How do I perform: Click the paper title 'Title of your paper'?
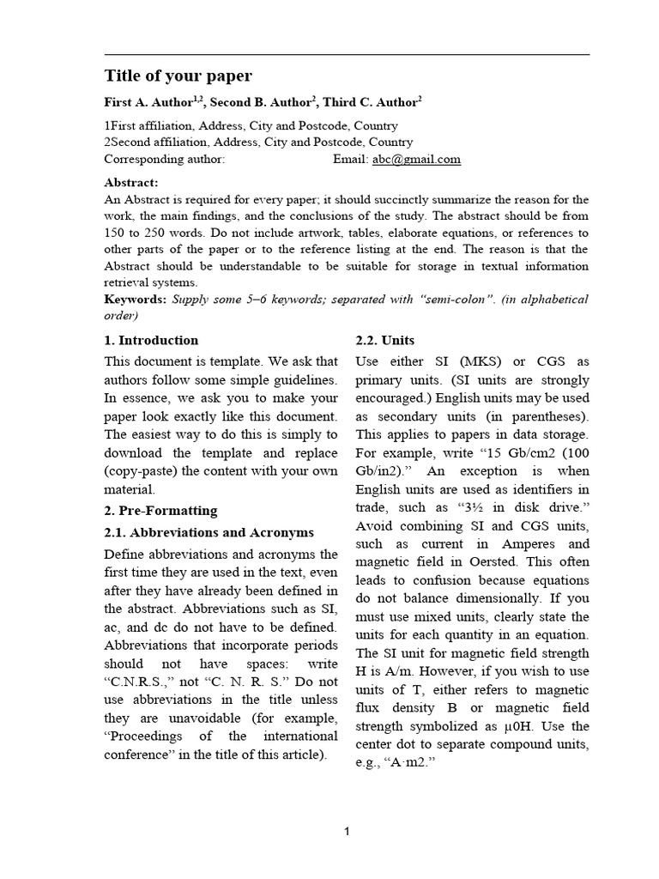[178, 76]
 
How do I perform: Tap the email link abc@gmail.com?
[416, 159]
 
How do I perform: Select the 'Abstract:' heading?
[131, 183]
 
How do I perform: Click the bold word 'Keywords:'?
[135, 300]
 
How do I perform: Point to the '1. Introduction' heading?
[151, 340]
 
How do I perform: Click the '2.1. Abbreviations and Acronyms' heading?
[209, 532]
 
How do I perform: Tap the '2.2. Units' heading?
[385, 340]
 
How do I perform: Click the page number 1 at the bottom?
[346, 831]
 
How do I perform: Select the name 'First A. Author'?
[148, 102]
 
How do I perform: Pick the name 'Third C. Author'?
[369, 102]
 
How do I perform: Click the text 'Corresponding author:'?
[164, 159]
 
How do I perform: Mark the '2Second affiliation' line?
[257, 142]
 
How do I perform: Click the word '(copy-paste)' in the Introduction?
[140, 471]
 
